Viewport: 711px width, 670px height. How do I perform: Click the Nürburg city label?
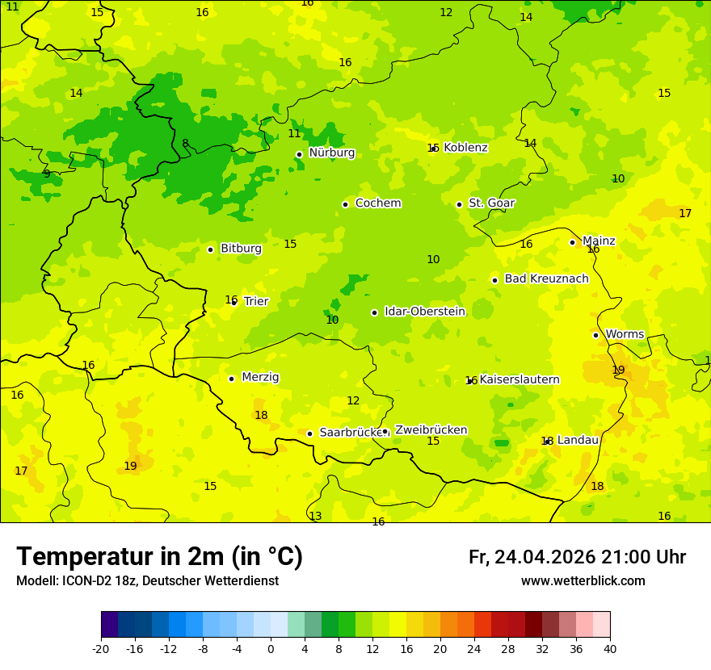(331, 153)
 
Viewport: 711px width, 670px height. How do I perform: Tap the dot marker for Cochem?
(345, 204)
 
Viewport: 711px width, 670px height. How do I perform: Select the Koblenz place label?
(465, 148)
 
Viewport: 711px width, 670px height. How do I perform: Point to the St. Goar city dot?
(459, 204)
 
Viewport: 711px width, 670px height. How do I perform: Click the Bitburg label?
(241, 249)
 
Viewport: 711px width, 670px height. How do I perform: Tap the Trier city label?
(256, 301)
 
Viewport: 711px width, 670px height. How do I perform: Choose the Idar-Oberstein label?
(424, 312)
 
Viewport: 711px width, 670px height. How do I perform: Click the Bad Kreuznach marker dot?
(494, 280)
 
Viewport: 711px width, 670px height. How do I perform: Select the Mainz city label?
(599, 241)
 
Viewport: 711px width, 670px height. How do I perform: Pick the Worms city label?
(625, 334)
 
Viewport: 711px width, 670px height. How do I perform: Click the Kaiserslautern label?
(520, 379)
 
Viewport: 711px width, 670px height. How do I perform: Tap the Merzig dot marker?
(231, 379)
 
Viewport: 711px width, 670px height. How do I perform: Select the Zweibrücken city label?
(431, 430)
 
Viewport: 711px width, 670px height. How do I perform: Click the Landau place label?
(578, 440)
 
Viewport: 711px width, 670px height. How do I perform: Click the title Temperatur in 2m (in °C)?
(159, 557)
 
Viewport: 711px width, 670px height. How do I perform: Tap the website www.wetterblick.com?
(583, 581)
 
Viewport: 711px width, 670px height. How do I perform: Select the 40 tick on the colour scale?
(610, 648)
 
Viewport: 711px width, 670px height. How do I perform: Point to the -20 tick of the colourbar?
(101, 648)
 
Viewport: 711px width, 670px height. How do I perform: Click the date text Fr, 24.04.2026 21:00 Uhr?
(577, 557)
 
